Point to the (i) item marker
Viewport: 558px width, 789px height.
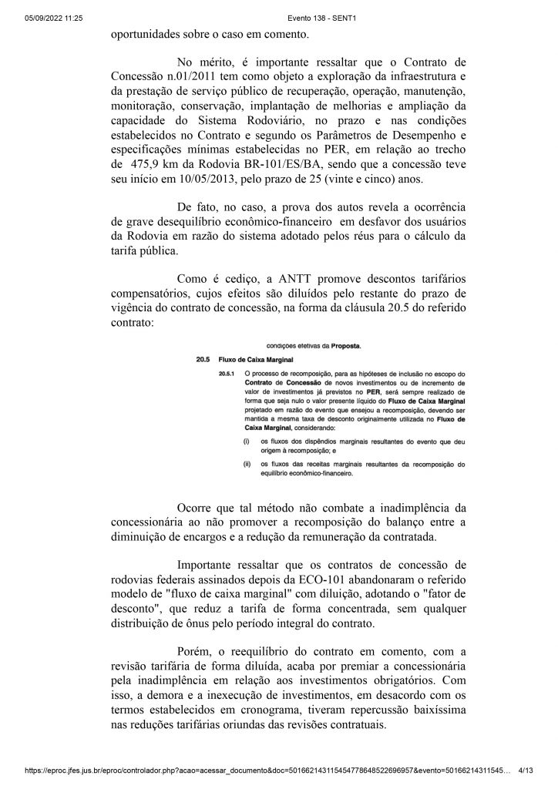(224, 441)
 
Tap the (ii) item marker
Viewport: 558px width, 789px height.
(224, 464)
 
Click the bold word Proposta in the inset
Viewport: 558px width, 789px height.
(341, 345)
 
